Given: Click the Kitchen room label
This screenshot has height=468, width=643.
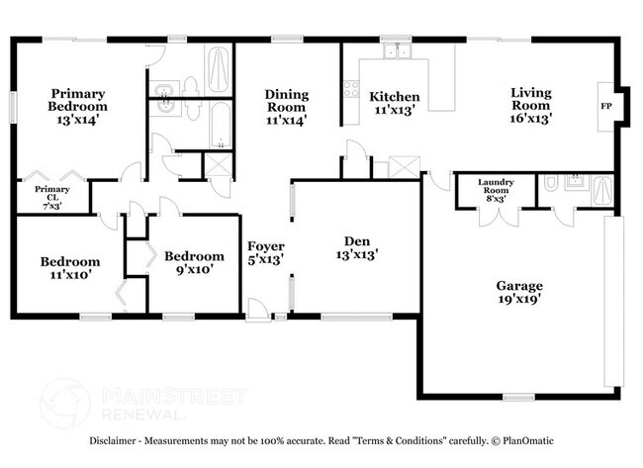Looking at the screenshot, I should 395,97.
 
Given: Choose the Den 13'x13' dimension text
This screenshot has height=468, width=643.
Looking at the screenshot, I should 356,254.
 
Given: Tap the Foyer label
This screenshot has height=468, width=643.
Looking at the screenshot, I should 266,245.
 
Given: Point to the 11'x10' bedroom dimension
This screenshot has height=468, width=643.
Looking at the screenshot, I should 66,275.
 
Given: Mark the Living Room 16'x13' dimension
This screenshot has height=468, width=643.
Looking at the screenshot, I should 530,117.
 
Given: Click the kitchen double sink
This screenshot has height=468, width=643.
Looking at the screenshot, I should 396,50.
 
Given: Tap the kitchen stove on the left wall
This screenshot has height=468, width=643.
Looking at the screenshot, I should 349,90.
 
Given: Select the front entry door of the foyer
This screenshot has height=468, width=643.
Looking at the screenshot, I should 257,313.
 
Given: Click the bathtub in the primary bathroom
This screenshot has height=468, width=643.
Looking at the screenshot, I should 217,67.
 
